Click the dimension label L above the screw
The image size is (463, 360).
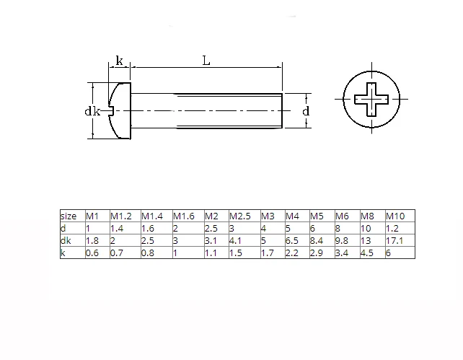(x=206, y=61)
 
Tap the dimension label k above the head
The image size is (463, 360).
(x=119, y=61)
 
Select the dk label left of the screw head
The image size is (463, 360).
(x=92, y=111)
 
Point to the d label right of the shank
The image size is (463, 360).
(x=306, y=111)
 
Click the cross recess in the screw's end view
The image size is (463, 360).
(x=371, y=100)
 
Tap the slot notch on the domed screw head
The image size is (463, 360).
(x=112, y=111)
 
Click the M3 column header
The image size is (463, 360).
(x=268, y=216)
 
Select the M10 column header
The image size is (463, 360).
(x=395, y=216)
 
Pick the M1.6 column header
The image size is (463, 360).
(x=184, y=216)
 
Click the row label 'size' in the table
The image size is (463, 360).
(x=69, y=216)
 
